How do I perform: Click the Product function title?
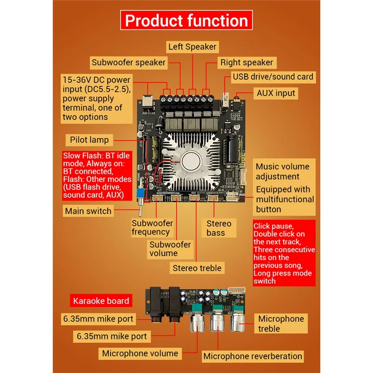(x=186, y=21)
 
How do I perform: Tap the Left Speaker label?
(x=192, y=47)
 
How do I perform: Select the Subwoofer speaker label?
(x=128, y=62)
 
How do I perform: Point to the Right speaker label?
(x=247, y=62)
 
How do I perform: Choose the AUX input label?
(x=276, y=93)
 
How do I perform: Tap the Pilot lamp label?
(x=89, y=139)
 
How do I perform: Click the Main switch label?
(x=88, y=211)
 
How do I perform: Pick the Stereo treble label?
(x=197, y=268)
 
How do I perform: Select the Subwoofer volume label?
(x=170, y=249)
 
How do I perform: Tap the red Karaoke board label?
(x=100, y=301)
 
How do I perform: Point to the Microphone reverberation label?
(x=253, y=356)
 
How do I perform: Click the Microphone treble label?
(x=282, y=324)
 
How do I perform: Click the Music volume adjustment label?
(x=282, y=171)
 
